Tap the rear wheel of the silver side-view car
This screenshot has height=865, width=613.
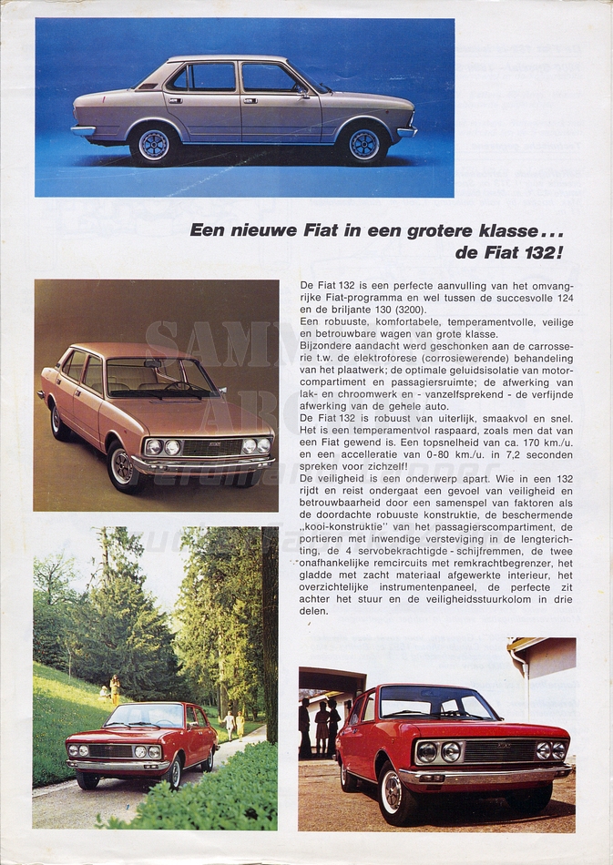pyautogui.click(x=154, y=144)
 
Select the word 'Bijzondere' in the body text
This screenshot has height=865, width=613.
pyautogui.click(x=328, y=346)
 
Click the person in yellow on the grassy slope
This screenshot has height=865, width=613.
pyautogui.click(x=115, y=688)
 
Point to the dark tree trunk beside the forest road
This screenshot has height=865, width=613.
pyautogui.click(x=270, y=628)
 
